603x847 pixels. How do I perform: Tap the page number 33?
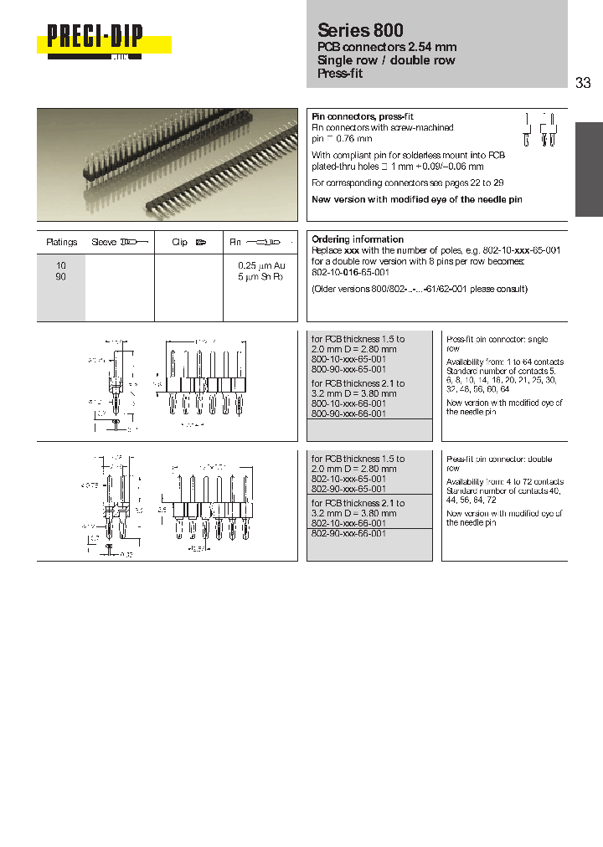click(x=584, y=82)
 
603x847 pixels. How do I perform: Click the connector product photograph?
click(x=167, y=164)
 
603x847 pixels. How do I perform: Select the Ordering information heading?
click(x=358, y=239)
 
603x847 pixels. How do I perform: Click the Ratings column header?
click(x=61, y=242)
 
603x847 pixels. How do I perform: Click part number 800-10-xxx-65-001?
click(x=348, y=359)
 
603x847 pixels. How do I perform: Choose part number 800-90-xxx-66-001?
click(x=348, y=413)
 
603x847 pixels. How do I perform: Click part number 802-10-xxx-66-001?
click(x=348, y=522)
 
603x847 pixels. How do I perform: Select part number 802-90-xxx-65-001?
click(x=348, y=489)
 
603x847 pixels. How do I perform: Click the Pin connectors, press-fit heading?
click(x=363, y=116)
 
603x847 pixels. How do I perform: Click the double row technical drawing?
click(x=167, y=505)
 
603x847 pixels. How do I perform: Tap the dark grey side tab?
click(x=588, y=169)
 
